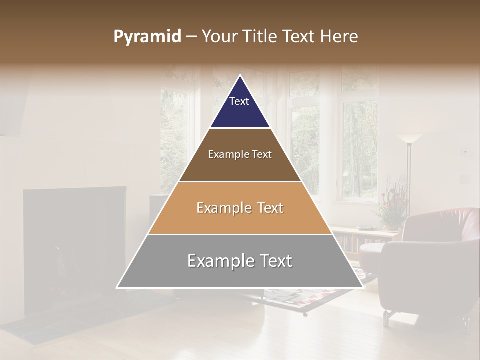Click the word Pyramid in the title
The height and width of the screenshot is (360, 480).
pyautogui.click(x=147, y=37)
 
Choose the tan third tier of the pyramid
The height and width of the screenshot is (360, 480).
pyautogui.click(x=240, y=220)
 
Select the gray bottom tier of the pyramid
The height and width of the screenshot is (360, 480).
pyautogui.click(x=240, y=272)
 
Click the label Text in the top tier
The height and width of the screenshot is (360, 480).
pyautogui.click(x=239, y=101)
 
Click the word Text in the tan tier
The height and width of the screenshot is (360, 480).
pyautogui.click(x=267, y=208)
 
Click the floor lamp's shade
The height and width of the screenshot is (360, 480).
pyautogui.click(x=409, y=138)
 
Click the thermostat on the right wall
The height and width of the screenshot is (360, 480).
pyautogui.click(x=465, y=151)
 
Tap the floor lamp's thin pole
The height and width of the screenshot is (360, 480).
pyautogui.click(x=408, y=175)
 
